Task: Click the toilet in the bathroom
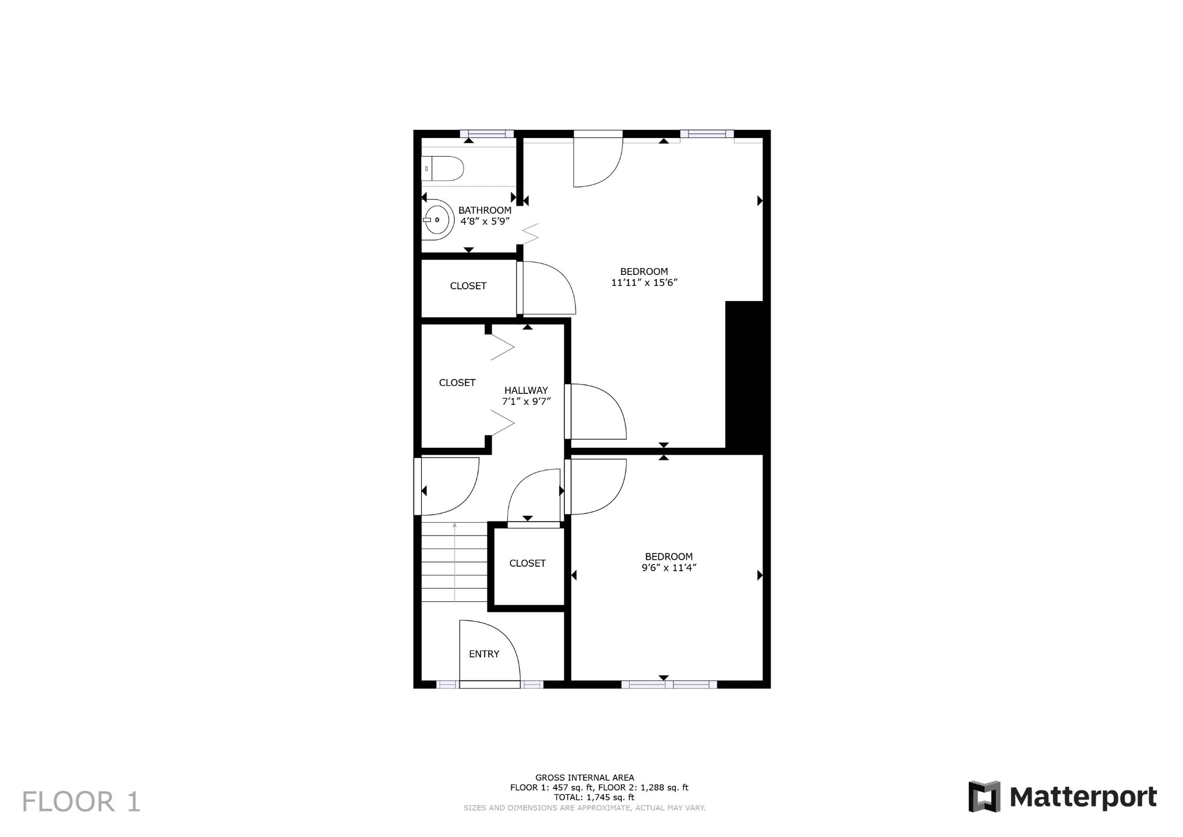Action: point(442,169)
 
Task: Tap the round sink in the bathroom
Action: point(437,220)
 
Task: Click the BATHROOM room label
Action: point(485,210)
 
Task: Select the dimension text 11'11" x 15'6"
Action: point(644,282)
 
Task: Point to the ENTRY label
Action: point(484,654)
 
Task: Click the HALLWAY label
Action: point(526,390)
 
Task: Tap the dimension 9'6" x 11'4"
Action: point(669,568)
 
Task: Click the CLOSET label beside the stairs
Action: point(527,563)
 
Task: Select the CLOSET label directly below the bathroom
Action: point(468,286)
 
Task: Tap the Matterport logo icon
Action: point(984,797)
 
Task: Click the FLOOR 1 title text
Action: point(81,802)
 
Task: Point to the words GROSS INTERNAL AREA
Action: point(585,778)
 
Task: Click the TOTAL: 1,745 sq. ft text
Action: point(594,797)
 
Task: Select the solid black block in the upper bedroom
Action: point(747,377)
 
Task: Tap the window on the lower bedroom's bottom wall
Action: point(669,685)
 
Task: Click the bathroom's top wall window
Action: point(486,134)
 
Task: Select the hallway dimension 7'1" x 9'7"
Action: point(526,401)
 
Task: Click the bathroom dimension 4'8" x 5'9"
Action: point(485,221)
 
